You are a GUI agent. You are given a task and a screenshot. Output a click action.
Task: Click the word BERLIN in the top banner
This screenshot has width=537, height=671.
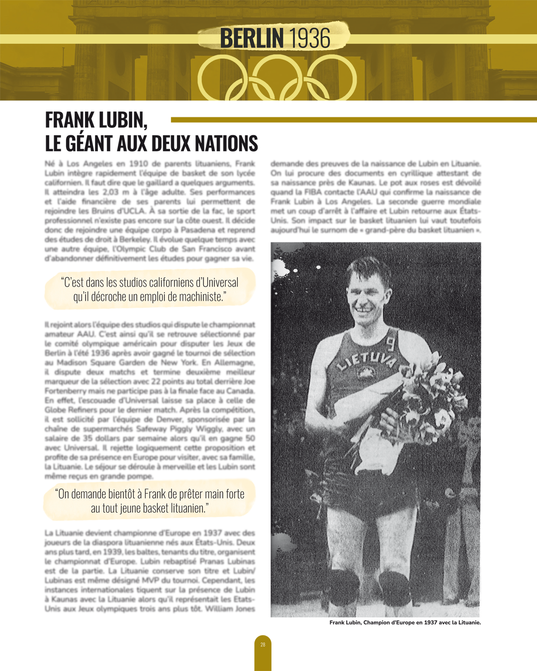tap(252, 38)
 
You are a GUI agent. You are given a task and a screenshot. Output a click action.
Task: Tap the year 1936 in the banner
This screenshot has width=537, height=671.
tap(309, 38)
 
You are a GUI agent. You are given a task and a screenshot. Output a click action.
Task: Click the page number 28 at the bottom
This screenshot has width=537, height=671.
tap(263, 645)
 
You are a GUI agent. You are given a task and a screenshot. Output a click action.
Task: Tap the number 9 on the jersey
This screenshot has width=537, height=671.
tap(391, 343)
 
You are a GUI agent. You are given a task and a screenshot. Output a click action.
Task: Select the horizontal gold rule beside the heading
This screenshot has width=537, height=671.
tap(354, 120)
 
